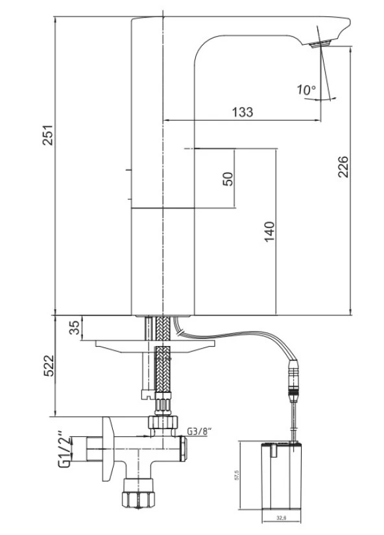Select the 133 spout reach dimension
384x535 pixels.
(242, 112)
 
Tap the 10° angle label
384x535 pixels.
(307, 90)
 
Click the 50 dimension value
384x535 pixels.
(228, 179)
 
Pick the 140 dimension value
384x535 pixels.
(269, 232)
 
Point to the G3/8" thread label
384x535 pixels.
(199, 430)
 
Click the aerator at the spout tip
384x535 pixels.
(320, 44)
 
